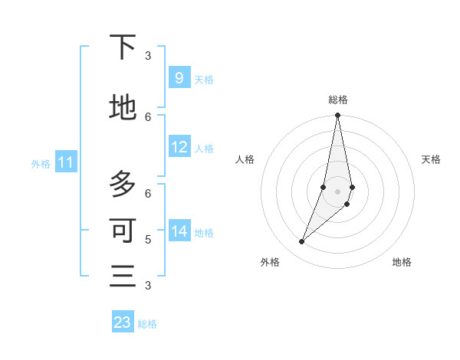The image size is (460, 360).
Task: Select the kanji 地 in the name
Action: [x=123, y=108]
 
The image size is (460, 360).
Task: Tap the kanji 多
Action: [x=123, y=185]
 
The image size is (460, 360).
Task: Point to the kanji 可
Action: [x=123, y=230]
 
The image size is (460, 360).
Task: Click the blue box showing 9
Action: [x=179, y=77]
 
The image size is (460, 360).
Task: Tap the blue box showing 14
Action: [x=179, y=231]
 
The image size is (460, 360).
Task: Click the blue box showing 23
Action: [x=123, y=322]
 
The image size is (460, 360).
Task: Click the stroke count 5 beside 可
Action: [x=148, y=240]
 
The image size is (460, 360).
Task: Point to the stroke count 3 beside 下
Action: [x=148, y=55]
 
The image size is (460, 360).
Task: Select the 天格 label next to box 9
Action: [x=204, y=79]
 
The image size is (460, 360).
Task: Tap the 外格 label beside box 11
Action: [x=40, y=163]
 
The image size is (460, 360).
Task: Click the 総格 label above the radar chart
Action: [x=338, y=100]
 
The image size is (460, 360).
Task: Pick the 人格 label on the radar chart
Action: [x=245, y=159]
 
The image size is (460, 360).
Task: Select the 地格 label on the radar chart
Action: [x=402, y=262]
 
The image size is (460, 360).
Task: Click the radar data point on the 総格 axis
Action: [x=338, y=116]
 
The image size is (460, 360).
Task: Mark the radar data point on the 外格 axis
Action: [x=301, y=242]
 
